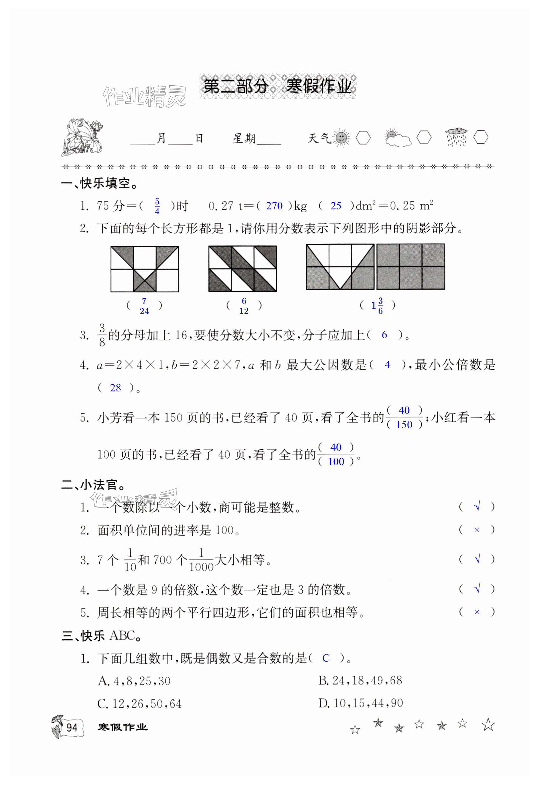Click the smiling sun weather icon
341,138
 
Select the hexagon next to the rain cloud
480,137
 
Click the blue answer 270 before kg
274,206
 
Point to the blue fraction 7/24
144,306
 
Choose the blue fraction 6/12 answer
244,306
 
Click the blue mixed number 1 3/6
377,306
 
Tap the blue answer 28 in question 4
115,388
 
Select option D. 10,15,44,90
360,704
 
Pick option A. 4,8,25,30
134,681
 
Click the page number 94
72,727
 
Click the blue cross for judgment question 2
477,530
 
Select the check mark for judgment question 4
477,589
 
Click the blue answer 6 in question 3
384,335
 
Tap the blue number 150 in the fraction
404,425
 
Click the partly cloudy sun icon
398,138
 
